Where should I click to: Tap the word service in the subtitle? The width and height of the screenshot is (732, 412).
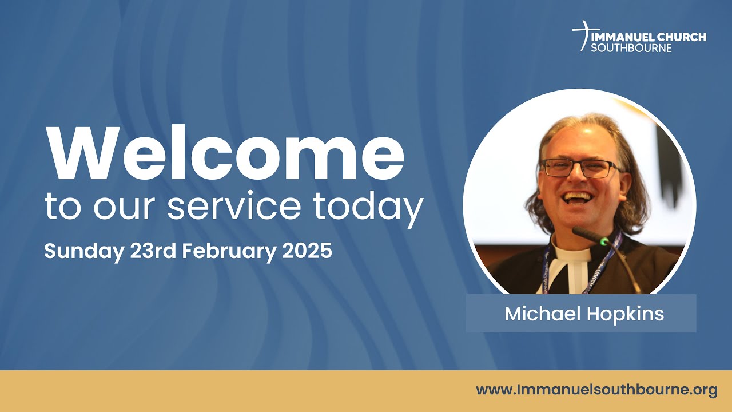235,207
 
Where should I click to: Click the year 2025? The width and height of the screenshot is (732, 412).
307,251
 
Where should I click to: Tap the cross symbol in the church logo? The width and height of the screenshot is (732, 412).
582,35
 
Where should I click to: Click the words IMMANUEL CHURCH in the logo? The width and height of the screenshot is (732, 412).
649,37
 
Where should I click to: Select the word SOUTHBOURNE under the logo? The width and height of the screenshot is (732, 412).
631,48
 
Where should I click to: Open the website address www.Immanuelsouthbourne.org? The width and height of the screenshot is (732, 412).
596,390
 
